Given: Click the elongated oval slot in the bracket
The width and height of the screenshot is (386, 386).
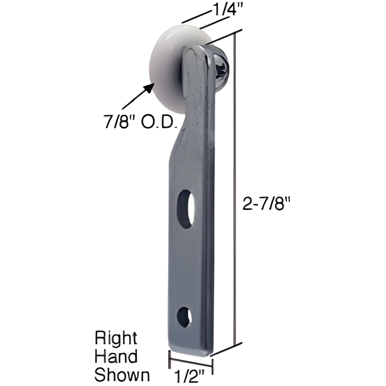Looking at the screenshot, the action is click(x=186, y=209).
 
